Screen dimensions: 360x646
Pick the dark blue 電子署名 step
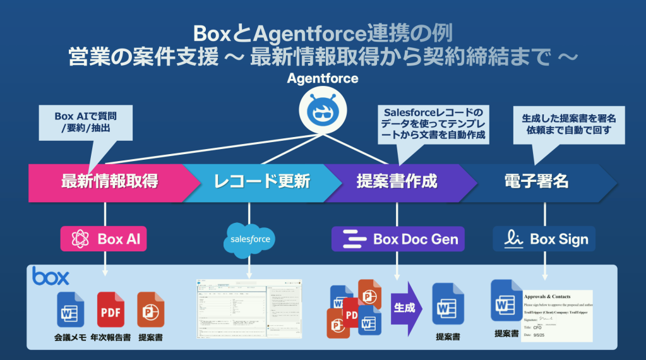(x=537, y=182)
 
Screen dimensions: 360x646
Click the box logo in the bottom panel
(x=51, y=276)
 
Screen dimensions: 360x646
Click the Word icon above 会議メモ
(x=70, y=309)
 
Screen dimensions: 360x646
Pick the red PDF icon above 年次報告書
(x=111, y=309)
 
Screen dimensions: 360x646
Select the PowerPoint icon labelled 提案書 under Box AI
(x=150, y=309)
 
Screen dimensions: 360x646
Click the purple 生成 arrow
(x=405, y=308)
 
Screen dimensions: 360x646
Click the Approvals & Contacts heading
(x=547, y=297)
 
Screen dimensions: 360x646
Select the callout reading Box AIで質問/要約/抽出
(x=85, y=123)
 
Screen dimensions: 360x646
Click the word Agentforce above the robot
(x=323, y=78)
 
